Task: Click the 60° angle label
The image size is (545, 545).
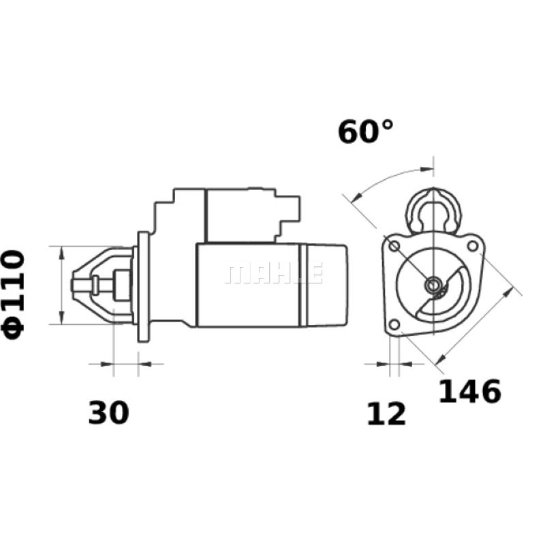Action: point(366,131)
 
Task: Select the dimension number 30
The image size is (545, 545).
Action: point(108,413)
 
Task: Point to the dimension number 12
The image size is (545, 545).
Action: point(386,414)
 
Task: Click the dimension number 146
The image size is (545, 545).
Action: point(470,391)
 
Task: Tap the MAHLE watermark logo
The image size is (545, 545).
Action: point(275,273)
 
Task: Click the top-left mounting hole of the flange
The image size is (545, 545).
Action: point(394,247)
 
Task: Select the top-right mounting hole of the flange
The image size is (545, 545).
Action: point(472,246)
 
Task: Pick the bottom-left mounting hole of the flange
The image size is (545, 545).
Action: point(394,325)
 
